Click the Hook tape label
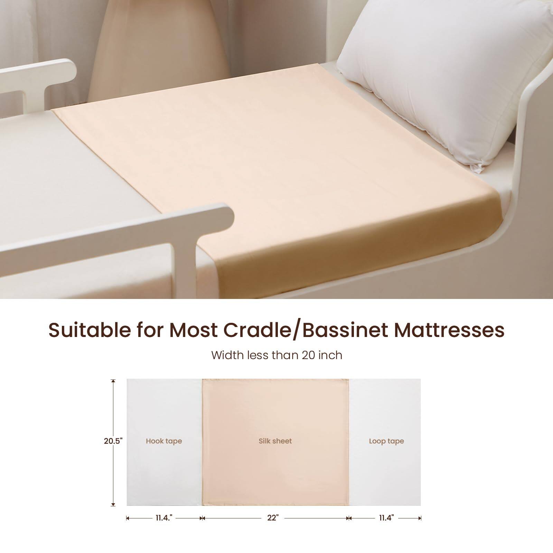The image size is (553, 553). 164,441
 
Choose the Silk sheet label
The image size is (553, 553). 275,441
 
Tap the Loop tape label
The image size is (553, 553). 386,441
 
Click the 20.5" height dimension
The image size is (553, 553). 113,441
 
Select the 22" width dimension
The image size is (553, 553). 273,518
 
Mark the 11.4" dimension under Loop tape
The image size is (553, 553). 386,518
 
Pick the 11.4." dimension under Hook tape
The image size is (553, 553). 163,518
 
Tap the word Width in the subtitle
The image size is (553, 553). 225,355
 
